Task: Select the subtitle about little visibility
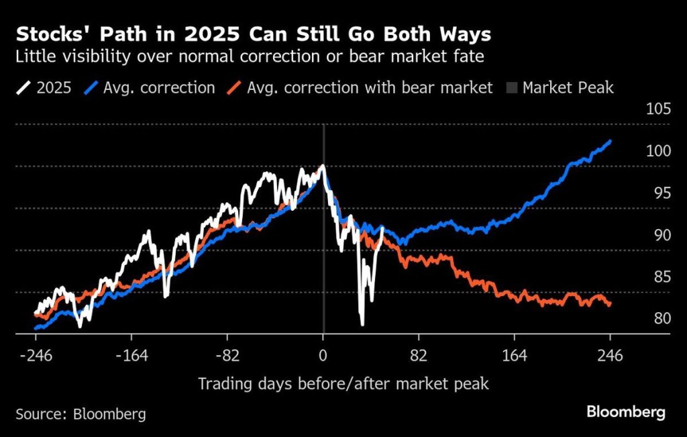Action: click(250, 57)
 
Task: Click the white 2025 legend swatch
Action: click(25, 88)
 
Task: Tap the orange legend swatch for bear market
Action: click(235, 88)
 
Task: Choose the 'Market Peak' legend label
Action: click(568, 88)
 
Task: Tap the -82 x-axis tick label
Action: click(227, 356)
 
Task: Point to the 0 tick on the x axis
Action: click(323, 356)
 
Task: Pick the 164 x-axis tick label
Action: click(514, 356)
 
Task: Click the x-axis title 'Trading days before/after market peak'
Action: click(343, 384)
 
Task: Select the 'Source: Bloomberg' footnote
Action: click(81, 414)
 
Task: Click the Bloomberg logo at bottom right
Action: click(625, 412)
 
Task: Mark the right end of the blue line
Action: click(610, 141)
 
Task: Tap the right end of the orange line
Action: click(610, 305)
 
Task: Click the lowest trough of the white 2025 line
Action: click(362, 324)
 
